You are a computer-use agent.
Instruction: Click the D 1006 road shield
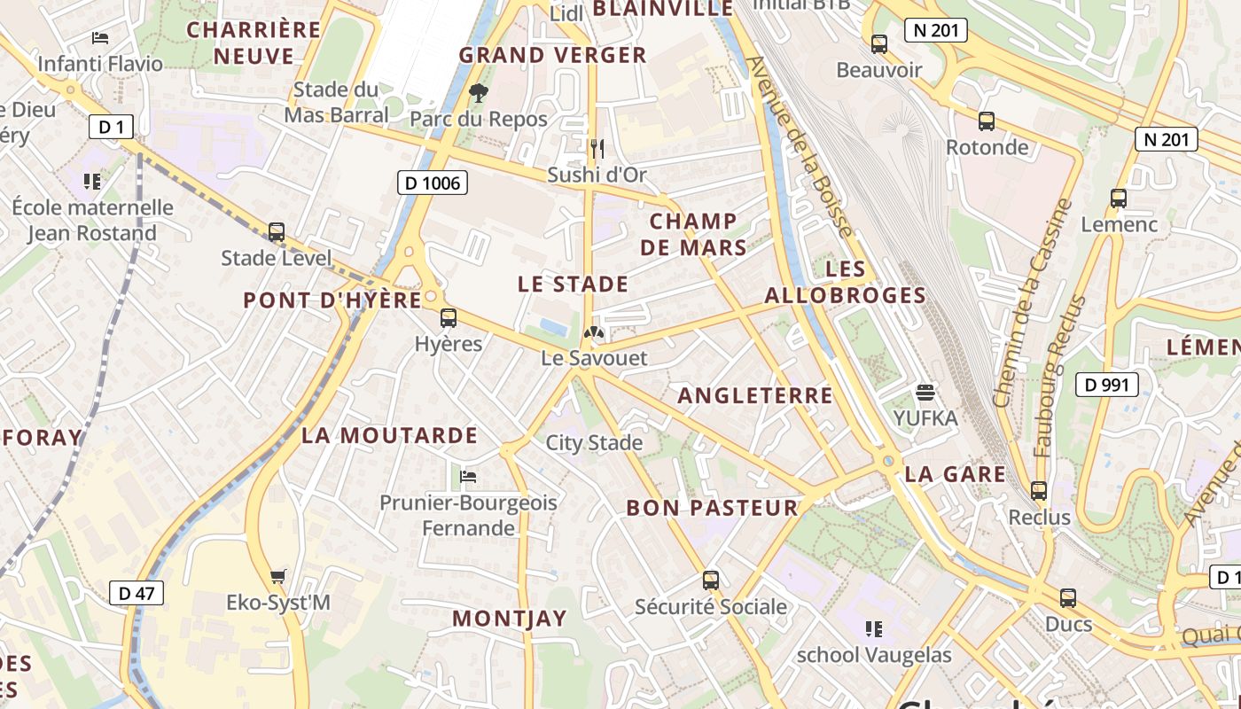(432, 183)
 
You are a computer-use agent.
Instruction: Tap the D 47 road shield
(137, 593)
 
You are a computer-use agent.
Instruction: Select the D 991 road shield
(1106, 384)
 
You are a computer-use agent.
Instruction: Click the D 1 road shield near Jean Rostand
(111, 127)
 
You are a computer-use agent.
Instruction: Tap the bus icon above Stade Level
(277, 232)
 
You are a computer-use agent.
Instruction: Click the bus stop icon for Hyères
(449, 318)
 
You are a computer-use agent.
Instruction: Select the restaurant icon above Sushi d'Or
(597, 148)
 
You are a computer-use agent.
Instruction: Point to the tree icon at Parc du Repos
(479, 92)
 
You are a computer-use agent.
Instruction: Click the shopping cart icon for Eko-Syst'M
(278, 577)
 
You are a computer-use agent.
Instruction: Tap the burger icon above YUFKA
(925, 392)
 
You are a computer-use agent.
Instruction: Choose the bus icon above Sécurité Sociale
(710, 580)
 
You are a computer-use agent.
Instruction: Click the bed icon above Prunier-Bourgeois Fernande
(468, 477)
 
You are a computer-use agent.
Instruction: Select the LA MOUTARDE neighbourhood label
(389, 435)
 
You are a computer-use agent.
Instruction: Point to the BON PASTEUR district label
(712, 508)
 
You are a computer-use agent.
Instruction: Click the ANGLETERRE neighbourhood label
(755, 395)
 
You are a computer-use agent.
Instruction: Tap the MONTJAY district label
(509, 619)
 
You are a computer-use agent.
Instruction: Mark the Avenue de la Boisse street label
(800, 146)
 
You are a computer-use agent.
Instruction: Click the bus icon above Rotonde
(986, 121)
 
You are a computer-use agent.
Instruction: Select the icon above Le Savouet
(594, 333)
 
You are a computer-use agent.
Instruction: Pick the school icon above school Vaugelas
(873, 629)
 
